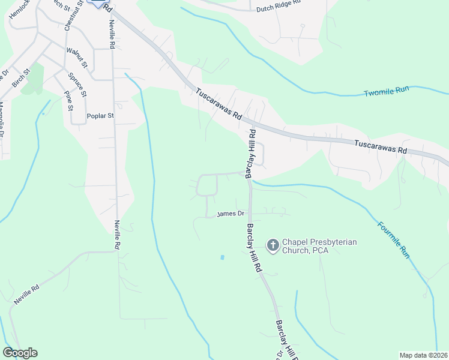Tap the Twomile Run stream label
tap(386, 92)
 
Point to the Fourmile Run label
tap(394, 240)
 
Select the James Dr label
tap(231, 214)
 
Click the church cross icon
tap(273, 245)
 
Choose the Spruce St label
tap(77, 85)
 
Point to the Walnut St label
tap(77, 57)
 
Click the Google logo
tap(20, 353)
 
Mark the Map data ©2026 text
tap(423, 355)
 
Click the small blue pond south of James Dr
tap(222, 257)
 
